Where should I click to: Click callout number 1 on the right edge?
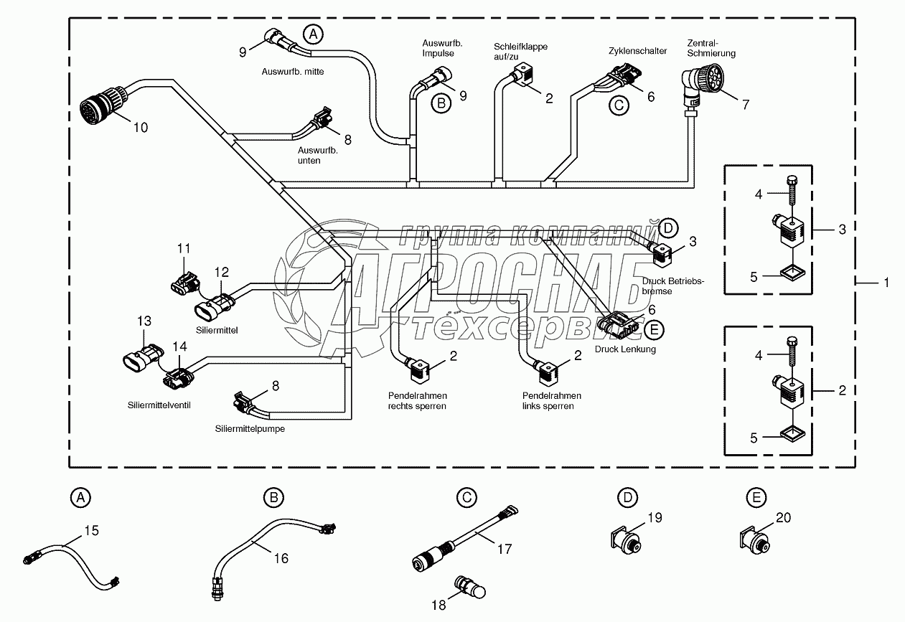886,283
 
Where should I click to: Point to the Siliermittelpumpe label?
245,429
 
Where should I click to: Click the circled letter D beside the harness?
667,228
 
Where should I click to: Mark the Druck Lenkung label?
625,349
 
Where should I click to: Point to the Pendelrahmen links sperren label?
552,401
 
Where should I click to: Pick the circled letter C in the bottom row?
466,496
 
